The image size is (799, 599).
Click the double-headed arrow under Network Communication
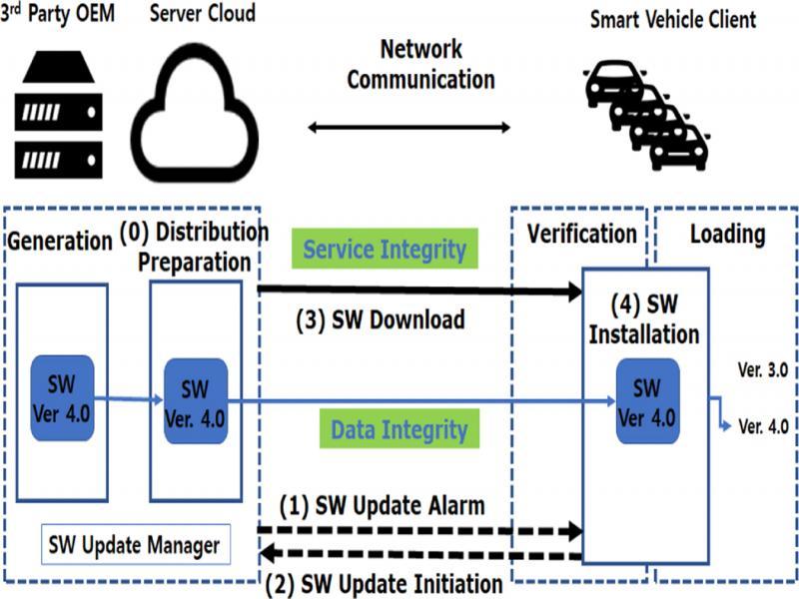click(x=408, y=127)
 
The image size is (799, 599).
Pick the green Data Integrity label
click(x=399, y=430)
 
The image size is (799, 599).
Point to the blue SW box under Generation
click(x=62, y=396)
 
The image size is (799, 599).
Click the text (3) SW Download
click(x=380, y=320)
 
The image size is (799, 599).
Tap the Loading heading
click(x=727, y=235)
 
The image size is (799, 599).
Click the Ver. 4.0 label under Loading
click(x=763, y=426)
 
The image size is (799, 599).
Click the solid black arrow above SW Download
click(x=419, y=292)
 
